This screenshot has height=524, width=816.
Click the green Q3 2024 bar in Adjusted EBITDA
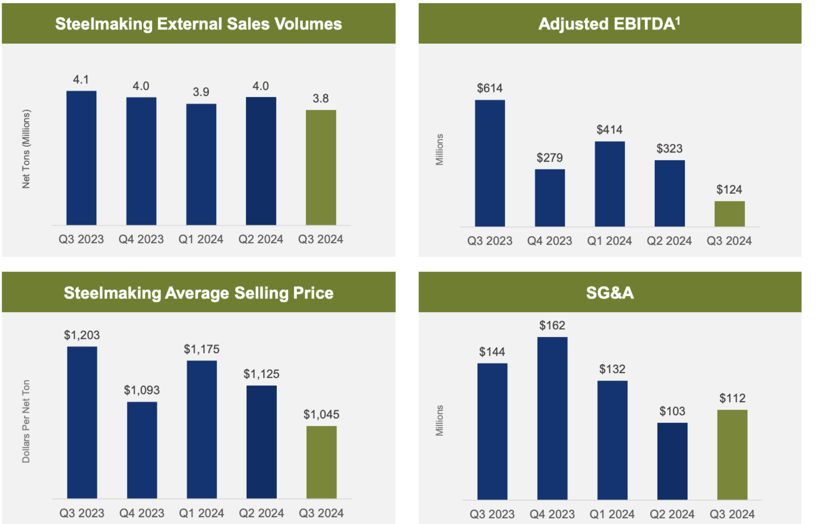point(729,213)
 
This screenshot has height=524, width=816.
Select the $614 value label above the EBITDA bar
point(490,88)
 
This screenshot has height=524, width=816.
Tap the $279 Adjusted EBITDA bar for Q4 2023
point(550,198)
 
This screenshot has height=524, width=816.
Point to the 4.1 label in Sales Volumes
point(81,79)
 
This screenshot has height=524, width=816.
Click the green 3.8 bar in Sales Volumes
point(321,167)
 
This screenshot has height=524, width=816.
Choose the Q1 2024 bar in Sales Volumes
point(201,164)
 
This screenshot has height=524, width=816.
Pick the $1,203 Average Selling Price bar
point(82,422)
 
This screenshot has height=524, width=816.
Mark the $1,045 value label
point(321,414)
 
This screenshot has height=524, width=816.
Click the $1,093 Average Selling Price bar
point(142,450)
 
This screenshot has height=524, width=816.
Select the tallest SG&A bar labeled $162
point(552,418)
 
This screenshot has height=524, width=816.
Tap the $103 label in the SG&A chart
point(672,411)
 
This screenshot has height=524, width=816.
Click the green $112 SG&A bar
point(732,454)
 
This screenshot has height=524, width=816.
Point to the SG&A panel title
point(610,292)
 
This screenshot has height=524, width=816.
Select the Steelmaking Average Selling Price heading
point(199,292)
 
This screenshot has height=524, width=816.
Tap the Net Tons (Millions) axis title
point(26,149)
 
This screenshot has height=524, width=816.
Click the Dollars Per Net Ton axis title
point(26,421)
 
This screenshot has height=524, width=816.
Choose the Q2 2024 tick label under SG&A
point(672,514)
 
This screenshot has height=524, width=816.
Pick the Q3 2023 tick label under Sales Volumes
point(81,239)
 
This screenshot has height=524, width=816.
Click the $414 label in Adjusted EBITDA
point(610,129)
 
